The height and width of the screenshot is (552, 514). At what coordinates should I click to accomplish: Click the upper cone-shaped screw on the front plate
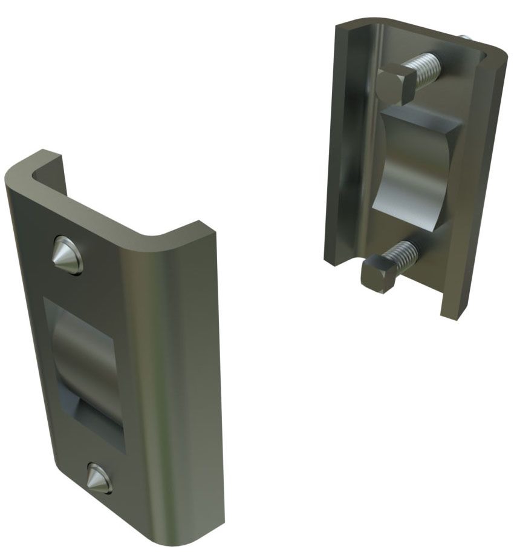click(x=68, y=255)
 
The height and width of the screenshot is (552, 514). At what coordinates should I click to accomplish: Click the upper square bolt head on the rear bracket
click(x=396, y=84)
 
